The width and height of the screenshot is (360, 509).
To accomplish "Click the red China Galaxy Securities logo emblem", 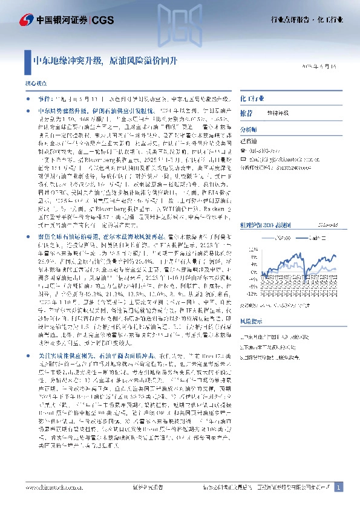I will pyautogui.click(x=27, y=20).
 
